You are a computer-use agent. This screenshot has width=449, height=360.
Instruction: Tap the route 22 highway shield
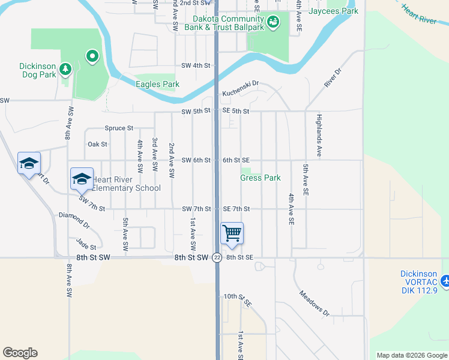[x=217, y=257]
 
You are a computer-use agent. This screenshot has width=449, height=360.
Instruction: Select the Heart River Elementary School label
[x=126, y=188]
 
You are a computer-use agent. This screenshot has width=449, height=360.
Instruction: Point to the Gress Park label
[x=261, y=178]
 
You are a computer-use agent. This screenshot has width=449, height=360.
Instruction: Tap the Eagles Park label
[x=157, y=84]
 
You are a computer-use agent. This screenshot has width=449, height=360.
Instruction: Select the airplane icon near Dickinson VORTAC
[x=445, y=280]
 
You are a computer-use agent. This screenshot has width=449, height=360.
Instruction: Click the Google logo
[x=20, y=353]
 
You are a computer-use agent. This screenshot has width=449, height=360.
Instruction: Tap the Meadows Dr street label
[x=315, y=303]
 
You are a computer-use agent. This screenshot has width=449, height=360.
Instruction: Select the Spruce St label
[x=118, y=128]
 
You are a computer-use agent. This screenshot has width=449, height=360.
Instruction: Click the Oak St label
[x=97, y=144]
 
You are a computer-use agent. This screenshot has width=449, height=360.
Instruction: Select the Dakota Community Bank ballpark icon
[x=273, y=22]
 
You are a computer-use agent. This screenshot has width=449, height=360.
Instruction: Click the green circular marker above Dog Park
[x=92, y=57]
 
